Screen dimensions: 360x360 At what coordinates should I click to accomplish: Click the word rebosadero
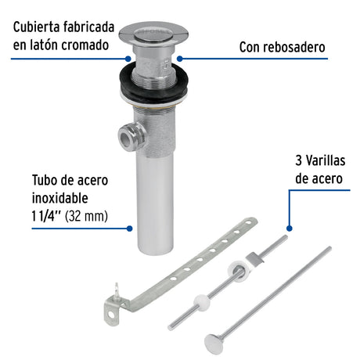(292, 48)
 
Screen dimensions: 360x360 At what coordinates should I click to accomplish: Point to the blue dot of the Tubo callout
(128, 228)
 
